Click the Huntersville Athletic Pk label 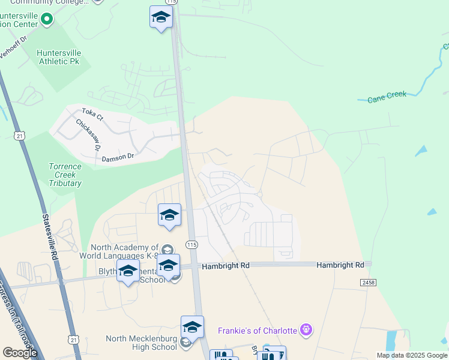(58, 57)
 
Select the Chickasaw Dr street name (88, 134)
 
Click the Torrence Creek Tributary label (65, 175)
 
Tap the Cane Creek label (387, 95)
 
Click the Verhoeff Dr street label (13, 48)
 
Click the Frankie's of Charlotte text (258, 330)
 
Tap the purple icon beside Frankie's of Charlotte (306, 329)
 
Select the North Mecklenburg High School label (141, 343)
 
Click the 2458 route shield (368, 282)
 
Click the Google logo (19, 353)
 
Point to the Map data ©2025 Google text (412, 355)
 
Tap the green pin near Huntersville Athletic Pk (46, 19)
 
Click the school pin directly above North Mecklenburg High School (192, 327)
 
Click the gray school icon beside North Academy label (167, 250)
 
